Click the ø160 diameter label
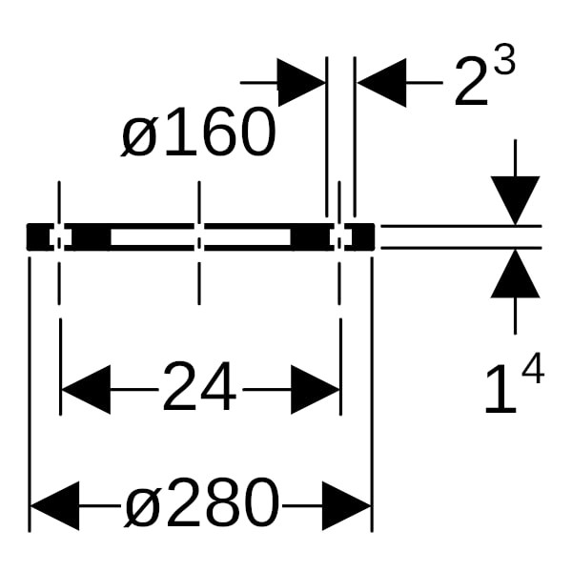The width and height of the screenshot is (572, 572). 198,133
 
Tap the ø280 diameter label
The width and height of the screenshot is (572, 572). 202,503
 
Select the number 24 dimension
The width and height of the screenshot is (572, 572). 199,386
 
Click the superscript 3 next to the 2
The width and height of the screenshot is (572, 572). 505,59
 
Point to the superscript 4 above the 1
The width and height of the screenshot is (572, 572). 533,368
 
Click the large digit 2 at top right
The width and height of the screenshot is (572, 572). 471,81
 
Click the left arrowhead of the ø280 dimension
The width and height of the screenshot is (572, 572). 54,505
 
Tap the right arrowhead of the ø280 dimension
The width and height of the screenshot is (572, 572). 347,505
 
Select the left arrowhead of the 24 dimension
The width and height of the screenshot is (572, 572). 86,390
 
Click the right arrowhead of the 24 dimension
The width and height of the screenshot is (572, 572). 316,390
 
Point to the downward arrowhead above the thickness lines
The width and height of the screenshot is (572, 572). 515,200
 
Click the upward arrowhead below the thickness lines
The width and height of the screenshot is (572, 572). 515,274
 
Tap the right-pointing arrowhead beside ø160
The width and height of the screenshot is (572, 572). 301,82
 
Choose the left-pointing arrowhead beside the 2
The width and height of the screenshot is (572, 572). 381,83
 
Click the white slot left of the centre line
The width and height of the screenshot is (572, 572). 153,236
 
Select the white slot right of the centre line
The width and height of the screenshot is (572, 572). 247,236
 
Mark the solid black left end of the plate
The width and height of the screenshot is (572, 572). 37,236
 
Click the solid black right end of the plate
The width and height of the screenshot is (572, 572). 363,236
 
